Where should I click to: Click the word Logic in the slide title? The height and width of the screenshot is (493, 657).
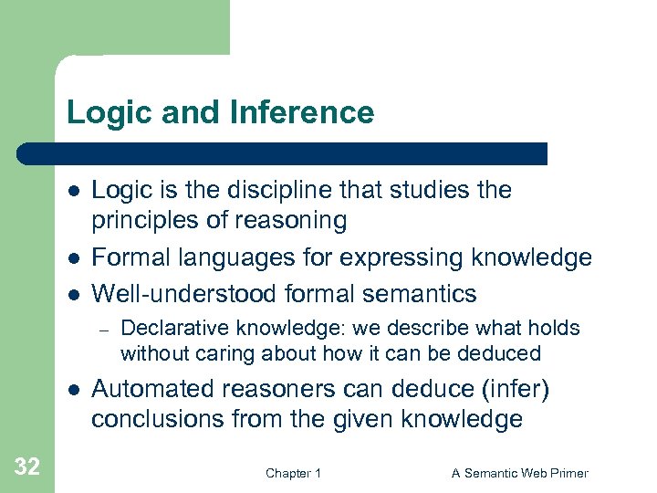click(101, 112)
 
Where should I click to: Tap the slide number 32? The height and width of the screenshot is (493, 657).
click(27, 467)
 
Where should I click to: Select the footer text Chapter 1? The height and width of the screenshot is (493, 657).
click(293, 473)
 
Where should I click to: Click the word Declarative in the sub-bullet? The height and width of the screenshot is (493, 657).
click(166, 328)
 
